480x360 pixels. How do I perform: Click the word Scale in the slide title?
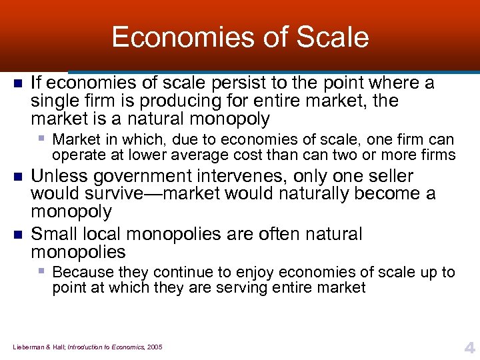click(335, 37)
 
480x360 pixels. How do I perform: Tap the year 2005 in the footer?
click(154, 347)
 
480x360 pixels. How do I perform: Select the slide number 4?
click(469, 346)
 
